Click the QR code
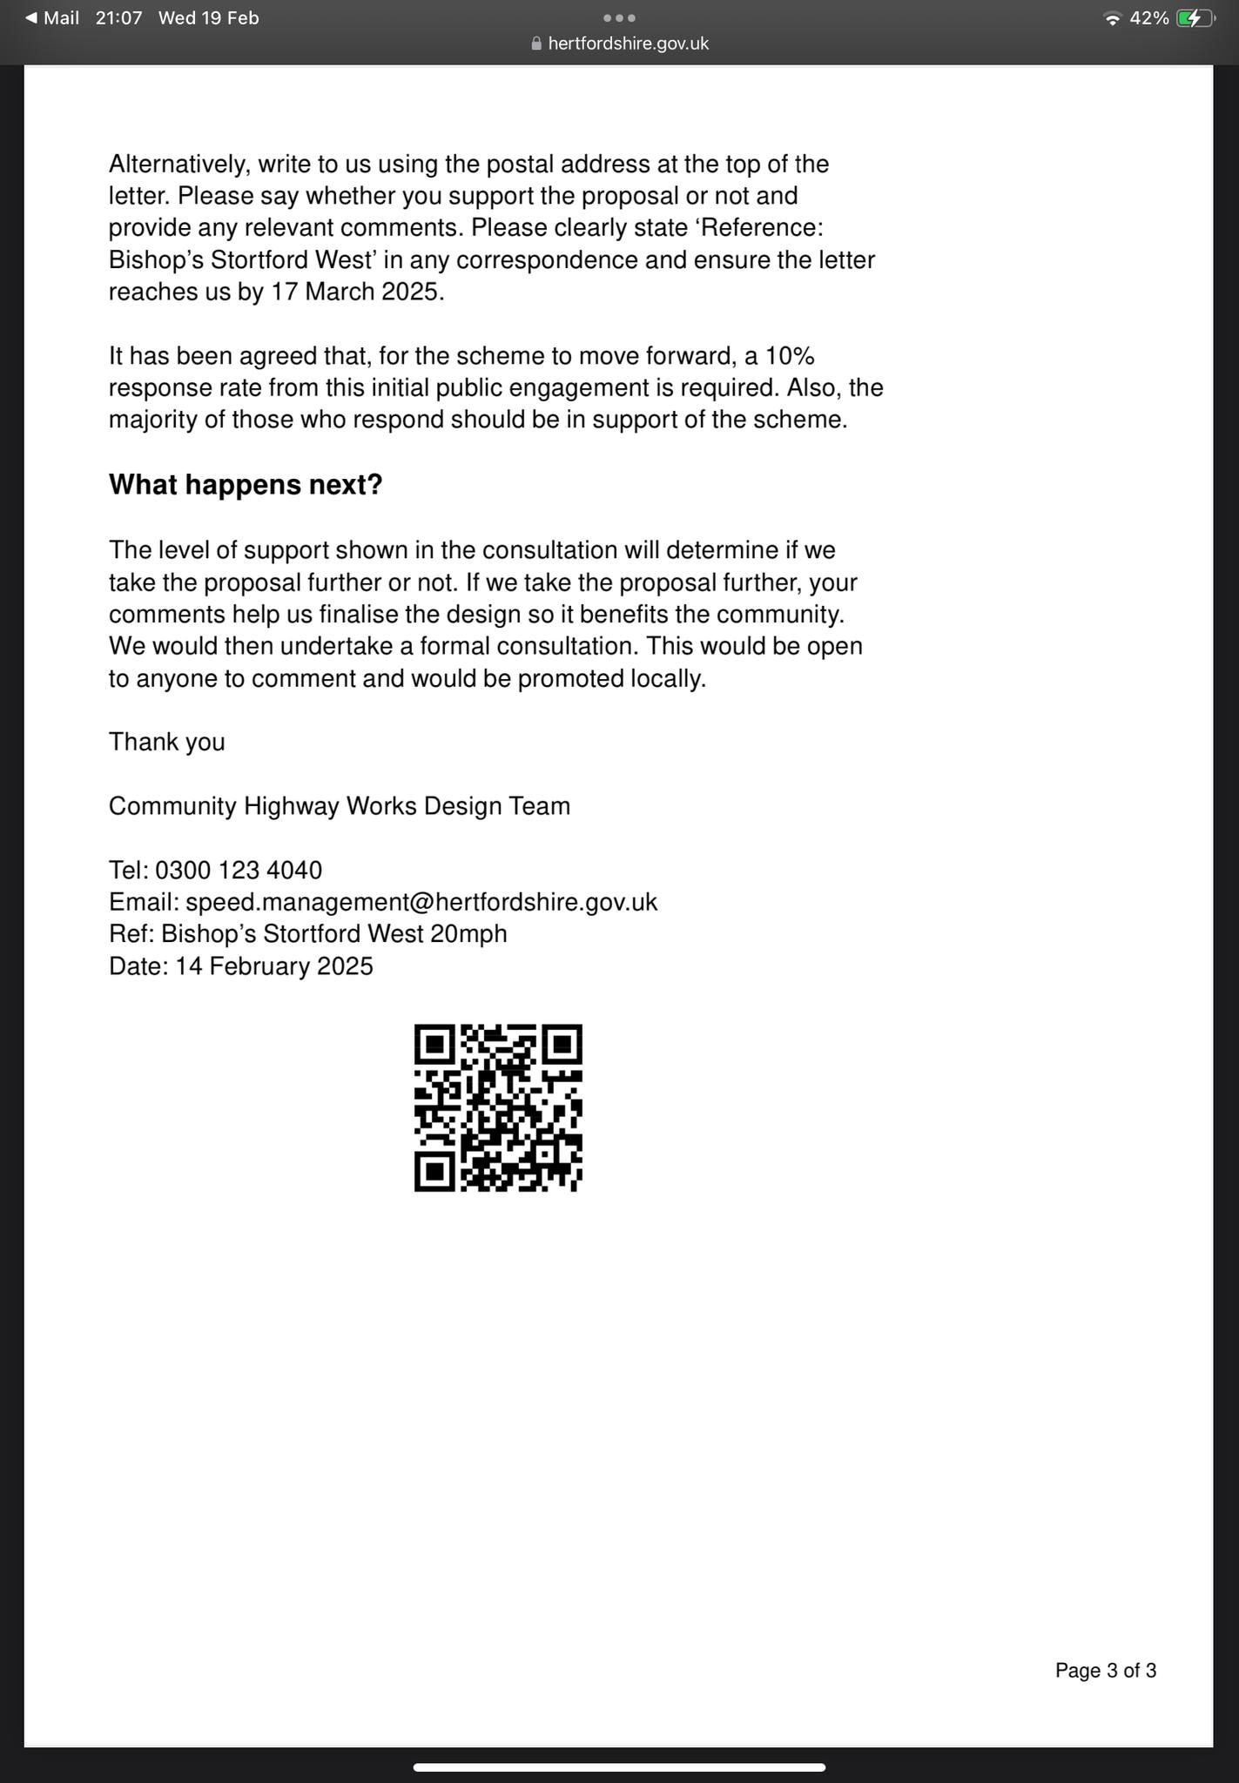pyautogui.click(x=498, y=1107)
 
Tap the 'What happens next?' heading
pyautogui.click(x=246, y=485)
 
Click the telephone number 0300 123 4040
pyautogui.click(x=239, y=870)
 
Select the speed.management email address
pyautogui.click(x=421, y=902)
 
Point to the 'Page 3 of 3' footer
pyautogui.click(x=1105, y=1670)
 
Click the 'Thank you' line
pyautogui.click(x=167, y=742)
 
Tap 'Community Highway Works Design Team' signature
pyautogui.click(x=340, y=806)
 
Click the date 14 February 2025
pyautogui.click(x=274, y=966)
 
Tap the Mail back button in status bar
pyautogui.click(x=52, y=18)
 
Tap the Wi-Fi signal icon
pyautogui.click(x=1111, y=18)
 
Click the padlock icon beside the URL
pyautogui.click(x=536, y=44)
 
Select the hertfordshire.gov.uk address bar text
pyautogui.click(x=628, y=44)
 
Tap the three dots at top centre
pyautogui.click(x=619, y=18)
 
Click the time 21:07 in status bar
pyautogui.click(x=118, y=18)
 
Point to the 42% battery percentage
pyautogui.click(x=1148, y=18)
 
